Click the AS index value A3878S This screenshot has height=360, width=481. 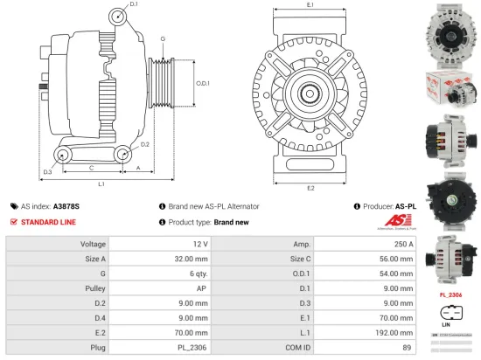click(x=66, y=206)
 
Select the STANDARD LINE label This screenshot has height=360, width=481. click(x=49, y=222)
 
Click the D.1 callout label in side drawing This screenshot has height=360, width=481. click(x=133, y=5)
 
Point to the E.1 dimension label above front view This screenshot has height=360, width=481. click(x=310, y=6)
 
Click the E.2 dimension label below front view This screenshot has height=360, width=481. click(x=310, y=187)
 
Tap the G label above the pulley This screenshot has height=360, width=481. click(x=163, y=40)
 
